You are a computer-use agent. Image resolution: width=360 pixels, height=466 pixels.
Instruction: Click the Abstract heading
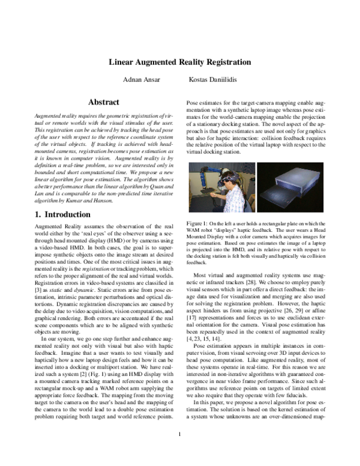tap(104, 103)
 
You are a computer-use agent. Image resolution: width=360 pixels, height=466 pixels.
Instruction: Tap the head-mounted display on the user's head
tap(227, 178)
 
